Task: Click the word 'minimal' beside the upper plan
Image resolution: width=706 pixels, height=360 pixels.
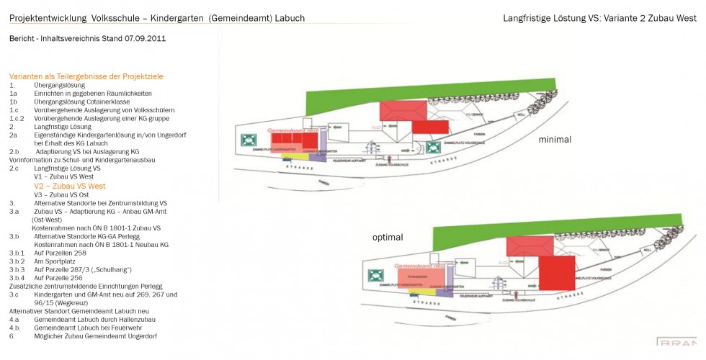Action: coord(555,140)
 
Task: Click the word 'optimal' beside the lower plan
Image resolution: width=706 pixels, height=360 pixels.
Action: coord(388,237)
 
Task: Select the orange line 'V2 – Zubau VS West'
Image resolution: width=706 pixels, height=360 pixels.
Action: coord(70,186)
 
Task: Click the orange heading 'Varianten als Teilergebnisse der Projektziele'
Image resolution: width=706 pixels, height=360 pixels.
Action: coord(86,76)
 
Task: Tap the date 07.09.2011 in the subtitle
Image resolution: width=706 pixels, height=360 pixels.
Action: coord(145,37)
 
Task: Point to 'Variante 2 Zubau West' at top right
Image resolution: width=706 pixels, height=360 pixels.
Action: coord(648,17)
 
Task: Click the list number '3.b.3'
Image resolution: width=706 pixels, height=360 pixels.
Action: coord(17,269)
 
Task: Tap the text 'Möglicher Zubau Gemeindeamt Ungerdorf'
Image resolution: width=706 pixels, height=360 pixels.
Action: coord(96,336)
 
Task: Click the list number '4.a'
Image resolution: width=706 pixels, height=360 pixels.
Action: coord(14,318)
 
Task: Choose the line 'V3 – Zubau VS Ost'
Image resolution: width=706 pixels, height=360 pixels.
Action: coord(62,194)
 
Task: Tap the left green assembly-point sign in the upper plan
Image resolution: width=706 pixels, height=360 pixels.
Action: coord(249,138)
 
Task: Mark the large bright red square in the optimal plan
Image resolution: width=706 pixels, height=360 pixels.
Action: coord(556,273)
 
